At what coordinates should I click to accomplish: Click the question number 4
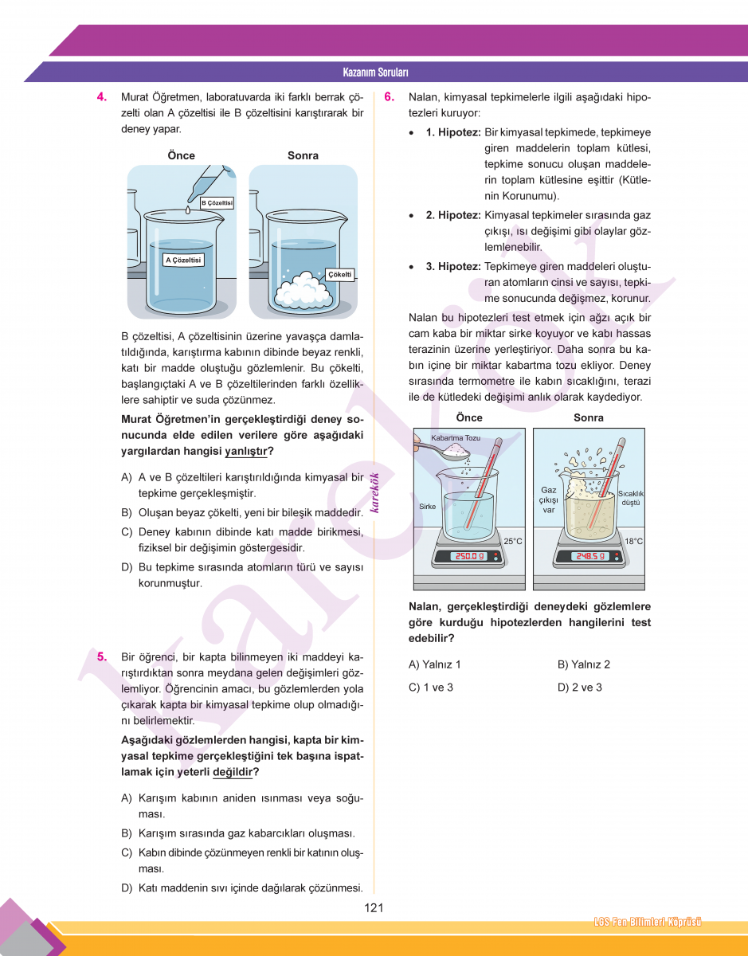(x=102, y=97)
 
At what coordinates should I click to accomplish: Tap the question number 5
(x=102, y=657)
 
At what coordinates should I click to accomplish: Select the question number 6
(x=389, y=97)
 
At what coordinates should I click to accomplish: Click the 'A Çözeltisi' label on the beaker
(x=183, y=260)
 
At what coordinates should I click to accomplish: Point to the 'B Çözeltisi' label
(x=216, y=203)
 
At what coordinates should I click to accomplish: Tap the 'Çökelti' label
(x=340, y=274)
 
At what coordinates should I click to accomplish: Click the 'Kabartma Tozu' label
(x=456, y=438)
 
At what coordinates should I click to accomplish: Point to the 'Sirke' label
(x=427, y=506)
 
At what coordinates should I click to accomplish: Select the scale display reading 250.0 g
(x=470, y=556)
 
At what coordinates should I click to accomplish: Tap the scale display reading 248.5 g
(x=590, y=556)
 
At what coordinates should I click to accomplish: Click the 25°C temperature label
(x=512, y=541)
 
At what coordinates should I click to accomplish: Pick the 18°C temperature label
(x=633, y=541)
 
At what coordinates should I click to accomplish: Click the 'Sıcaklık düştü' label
(x=631, y=498)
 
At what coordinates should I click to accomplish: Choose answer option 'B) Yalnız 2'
(x=584, y=664)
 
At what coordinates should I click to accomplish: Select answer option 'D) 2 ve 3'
(x=580, y=688)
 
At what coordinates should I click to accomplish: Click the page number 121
(x=374, y=907)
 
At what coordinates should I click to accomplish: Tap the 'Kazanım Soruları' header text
(x=375, y=72)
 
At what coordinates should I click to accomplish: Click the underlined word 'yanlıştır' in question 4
(x=245, y=451)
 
